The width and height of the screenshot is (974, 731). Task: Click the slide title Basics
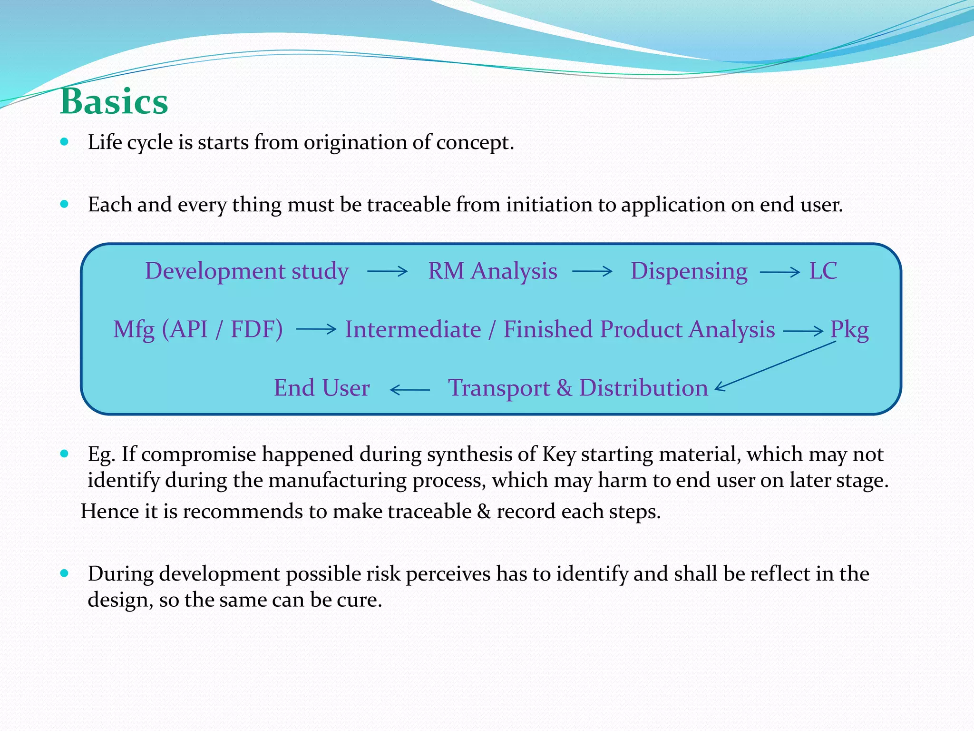tap(114, 102)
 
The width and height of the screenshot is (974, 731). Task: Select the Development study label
tap(247, 271)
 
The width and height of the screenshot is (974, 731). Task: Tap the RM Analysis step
tap(492, 271)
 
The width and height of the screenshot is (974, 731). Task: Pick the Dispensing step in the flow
tap(689, 271)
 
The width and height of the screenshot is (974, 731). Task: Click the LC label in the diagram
tap(823, 271)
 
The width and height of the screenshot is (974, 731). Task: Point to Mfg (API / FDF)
tap(198, 329)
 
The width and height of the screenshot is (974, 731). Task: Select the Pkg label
tap(849, 329)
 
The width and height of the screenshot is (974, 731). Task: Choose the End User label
tap(321, 388)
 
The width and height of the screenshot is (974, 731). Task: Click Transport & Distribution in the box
tap(578, 388)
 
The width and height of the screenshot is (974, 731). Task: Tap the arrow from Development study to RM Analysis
tap(387, 272)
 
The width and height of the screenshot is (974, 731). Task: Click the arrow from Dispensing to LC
tap(779, 272)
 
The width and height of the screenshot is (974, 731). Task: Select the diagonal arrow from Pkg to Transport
tap(775, 365)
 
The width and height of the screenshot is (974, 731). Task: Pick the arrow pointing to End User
tap(409, 390)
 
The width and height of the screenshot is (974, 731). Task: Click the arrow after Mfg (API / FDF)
tap(316, 329)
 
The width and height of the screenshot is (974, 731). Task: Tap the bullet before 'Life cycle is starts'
tap(65, 142)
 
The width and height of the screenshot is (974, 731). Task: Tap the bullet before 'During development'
tap(65, 573)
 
